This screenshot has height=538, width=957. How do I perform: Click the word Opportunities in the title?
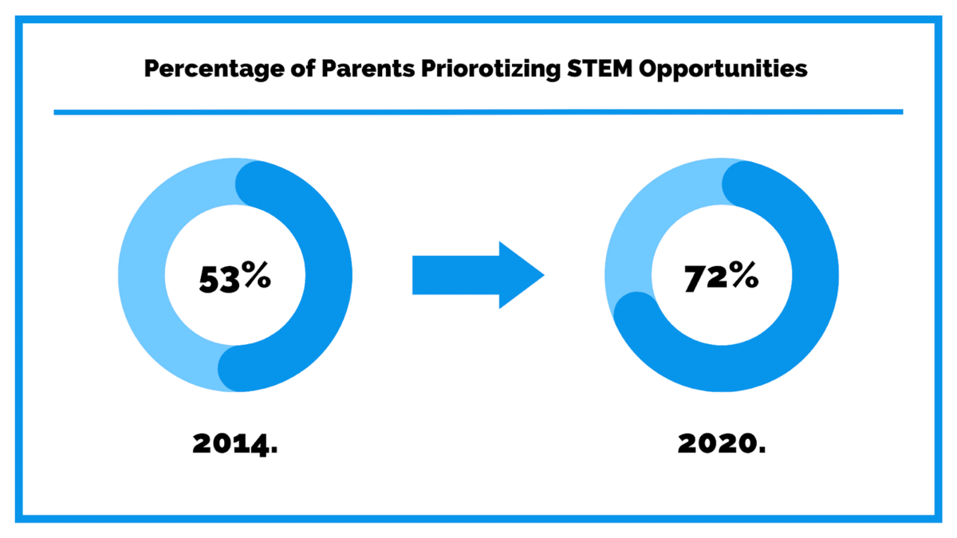tap(723, 69)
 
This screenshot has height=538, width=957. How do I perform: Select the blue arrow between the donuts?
tap(471, 275)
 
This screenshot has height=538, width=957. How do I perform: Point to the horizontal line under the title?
tap(478, 112)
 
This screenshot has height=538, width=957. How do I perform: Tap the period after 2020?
tap(761, 450)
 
